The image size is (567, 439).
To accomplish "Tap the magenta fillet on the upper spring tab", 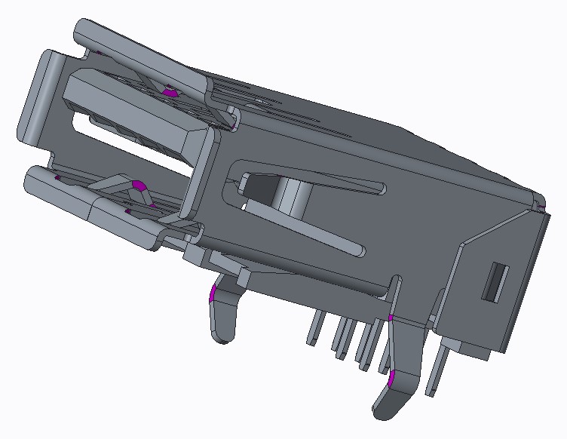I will click(x=171, y=91).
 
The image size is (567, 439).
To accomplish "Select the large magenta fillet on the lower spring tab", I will click(x=138, y=185).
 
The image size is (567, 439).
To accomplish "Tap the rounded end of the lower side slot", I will click(x=360, y=249).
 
